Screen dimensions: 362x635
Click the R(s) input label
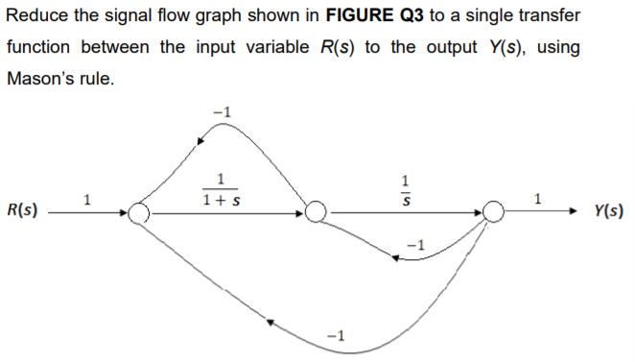click(20, 210)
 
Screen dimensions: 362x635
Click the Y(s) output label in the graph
click(608, 210)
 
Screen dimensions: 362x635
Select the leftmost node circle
click(140, 212)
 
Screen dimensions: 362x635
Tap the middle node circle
click(317, 212)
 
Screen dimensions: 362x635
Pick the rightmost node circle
click(493, 211)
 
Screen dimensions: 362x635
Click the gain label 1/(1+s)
click(222, 191)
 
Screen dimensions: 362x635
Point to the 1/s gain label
click(407, 190)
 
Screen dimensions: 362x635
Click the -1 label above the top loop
click(221, 113)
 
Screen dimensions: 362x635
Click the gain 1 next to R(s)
click(88, 200)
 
